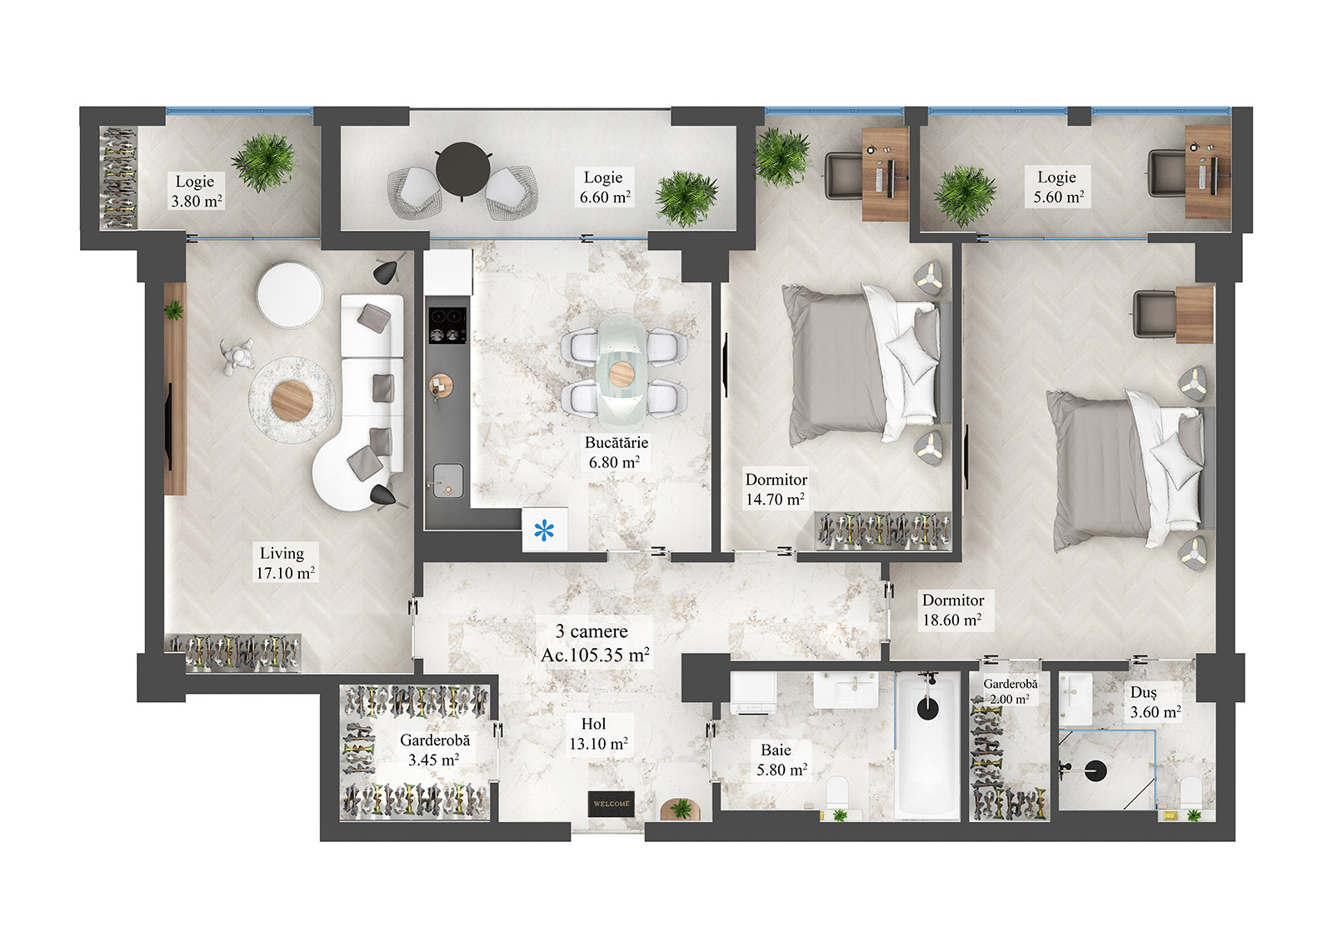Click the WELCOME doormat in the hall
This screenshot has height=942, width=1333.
point(611,803)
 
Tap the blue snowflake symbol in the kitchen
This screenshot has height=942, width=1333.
point(544,530)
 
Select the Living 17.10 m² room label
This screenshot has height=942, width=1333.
point(284,563)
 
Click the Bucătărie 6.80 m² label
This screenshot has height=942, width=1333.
point(615,452)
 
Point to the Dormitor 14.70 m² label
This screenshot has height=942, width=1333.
point(776,490)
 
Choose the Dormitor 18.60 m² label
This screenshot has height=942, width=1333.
point(952,611)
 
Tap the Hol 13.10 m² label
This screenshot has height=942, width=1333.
point(597,734)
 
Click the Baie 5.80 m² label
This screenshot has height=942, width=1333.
point(780,760)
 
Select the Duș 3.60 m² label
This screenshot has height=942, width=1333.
point(1154,702)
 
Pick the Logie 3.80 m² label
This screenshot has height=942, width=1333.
point(196,191)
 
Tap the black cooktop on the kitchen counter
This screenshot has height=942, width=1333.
point(447,326)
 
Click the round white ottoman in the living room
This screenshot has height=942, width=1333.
point(290,293)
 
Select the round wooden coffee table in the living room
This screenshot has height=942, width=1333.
point(292,401)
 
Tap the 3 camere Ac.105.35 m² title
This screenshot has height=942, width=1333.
point(594,643)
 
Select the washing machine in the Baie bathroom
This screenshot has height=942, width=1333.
point(754,694)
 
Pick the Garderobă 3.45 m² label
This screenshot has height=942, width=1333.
point(434,750)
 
